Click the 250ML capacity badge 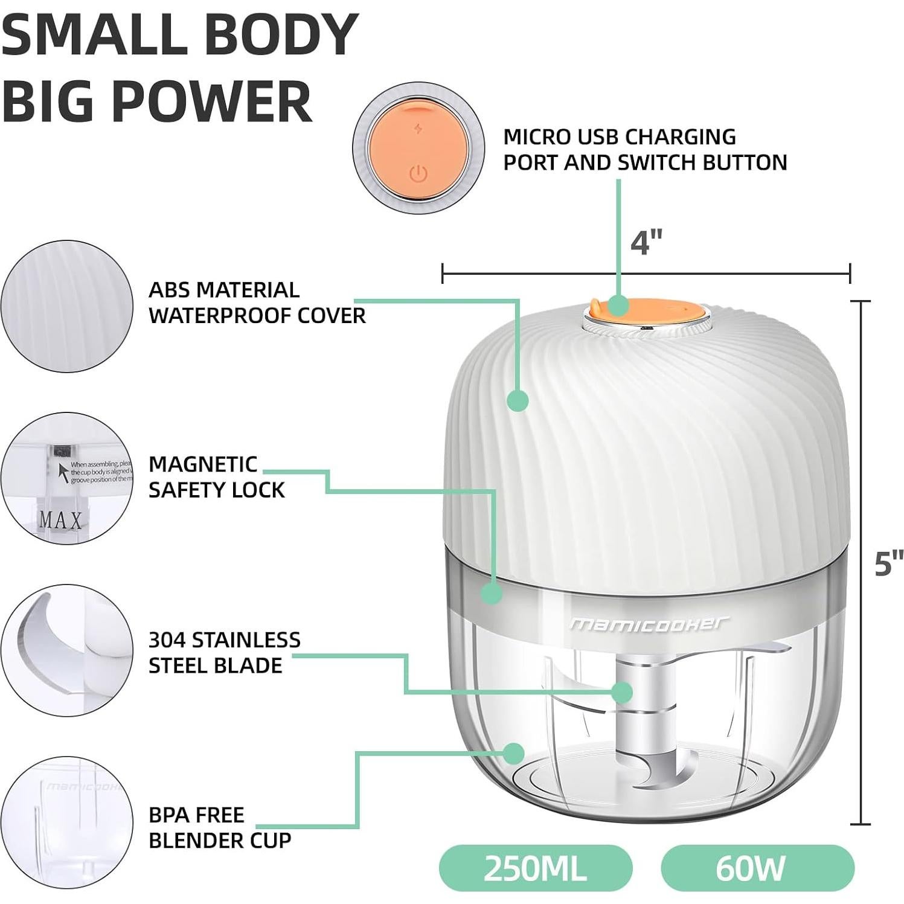pyautogui.click(x=535, y=868)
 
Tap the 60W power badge pyautogui.click(x=757, y=868)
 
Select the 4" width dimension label pyautogui.click(x=646, y=243)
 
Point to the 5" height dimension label pyautogui.click(x=888, y=563)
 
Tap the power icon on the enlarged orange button pyautogui.click(x=418, y=174)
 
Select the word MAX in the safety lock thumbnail pyautogui.click(x=60, y=519)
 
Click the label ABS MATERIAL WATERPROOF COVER pyautogui.click(x=257, y=303)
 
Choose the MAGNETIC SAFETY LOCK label pyautogui.click(x=216, y=476)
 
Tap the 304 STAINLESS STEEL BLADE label pyautogui.click(x=224, y=652)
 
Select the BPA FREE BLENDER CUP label pyautogui.click(x=220, y=827)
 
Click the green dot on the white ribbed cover pyautogui.click(x=517, y=400)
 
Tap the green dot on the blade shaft pyautogui.click(x=621, y=692)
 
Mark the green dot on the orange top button pyautogui.click(x=617, y=305)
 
